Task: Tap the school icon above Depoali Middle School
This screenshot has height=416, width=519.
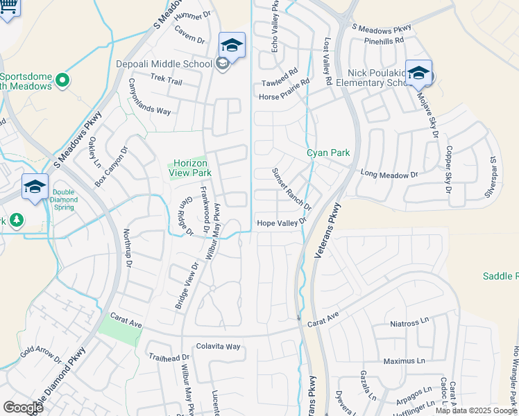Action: coord(232,46)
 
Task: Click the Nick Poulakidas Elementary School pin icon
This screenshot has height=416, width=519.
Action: coord(418,73)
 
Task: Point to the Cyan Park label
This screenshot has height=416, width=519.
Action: coord(329,153)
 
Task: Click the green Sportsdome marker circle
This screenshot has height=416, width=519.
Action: coord(62,80)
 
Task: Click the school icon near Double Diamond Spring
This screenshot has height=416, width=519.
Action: coord(35,187)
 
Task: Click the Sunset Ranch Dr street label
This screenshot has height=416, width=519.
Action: coord(291,189)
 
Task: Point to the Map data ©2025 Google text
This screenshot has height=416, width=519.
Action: coord(476,410)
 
